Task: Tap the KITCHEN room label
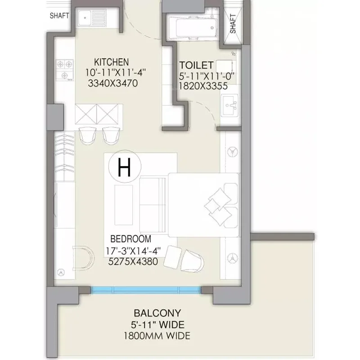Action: pyautogui.click(x=111, y=62)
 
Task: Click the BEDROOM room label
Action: pyautogui.click(x=131, y=239)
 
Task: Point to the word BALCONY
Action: pyautogui.click(x=157, y=313)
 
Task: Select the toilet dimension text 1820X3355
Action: pyautogui.click(x=202, y=87)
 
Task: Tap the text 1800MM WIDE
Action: pyautogui.click(x=157, y=336)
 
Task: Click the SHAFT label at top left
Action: pyautogui.click(x=59, y=16)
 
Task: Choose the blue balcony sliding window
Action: pyautogui.click(x=146, y=290)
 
